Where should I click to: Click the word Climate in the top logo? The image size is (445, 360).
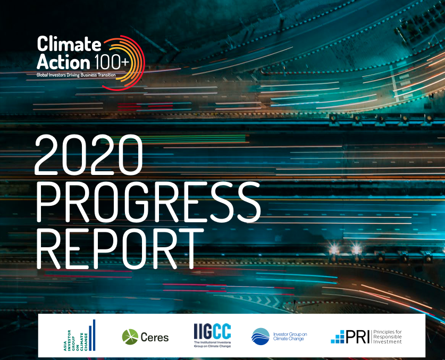[69, 44]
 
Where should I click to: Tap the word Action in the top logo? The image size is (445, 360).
[63, 62]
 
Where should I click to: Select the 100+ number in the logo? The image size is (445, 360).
[112, 62]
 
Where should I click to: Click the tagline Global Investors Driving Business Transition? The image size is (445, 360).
[76, 75]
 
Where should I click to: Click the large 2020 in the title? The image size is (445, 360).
[88, 155]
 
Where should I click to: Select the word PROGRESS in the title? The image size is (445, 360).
[148, 202]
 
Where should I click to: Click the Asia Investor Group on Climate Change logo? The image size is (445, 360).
[79, 336]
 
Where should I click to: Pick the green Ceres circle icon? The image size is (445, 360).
[130, 337]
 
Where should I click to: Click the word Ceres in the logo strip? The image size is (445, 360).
[155, 337]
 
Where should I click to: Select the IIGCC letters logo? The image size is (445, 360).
[212, 331]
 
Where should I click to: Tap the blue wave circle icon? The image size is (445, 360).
[260, 337]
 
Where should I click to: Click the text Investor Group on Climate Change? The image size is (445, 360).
[290, 337]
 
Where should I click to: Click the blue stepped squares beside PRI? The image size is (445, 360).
[338, 337]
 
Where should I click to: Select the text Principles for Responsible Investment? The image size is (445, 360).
[388, 337]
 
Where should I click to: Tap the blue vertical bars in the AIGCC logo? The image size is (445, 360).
[92, 336]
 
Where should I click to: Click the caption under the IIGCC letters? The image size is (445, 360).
[212, 345]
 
